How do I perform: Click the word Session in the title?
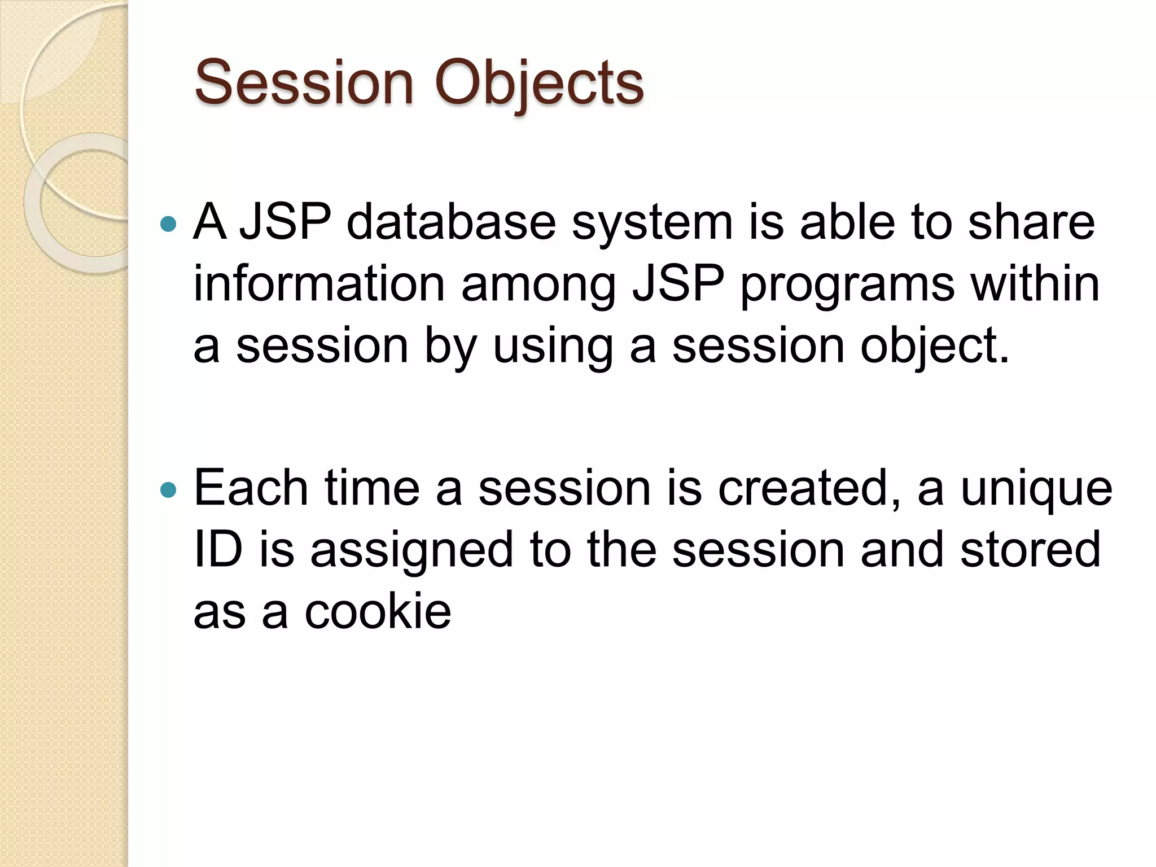point(304,83)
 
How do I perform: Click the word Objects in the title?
point(538,83)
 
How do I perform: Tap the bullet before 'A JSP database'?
point(168,225)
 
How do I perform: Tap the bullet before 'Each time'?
point(168,489)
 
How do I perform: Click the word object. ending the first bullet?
point(934,345)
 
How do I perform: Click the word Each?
point(251,488)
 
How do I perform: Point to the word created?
point(809,488)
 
